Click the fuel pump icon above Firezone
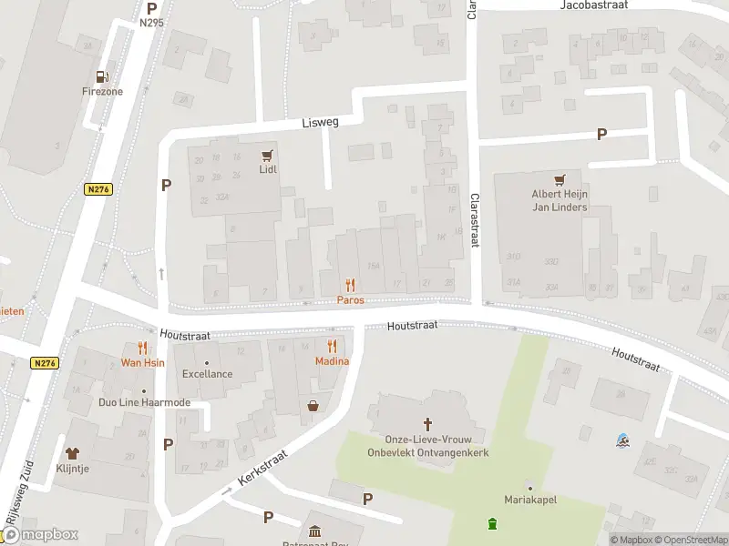(101, 76)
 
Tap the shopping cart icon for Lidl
(267, 156)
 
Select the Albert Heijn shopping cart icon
(560, 179)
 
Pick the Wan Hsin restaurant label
(143, 362)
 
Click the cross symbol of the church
(427, 424)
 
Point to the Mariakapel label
(529, 500)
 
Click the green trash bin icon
(493, 523)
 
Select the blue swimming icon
(621, 441)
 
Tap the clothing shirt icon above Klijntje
(72, 453)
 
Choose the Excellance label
(207, 374)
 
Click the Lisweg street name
(320, 122)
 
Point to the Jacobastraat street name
(596, 5)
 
